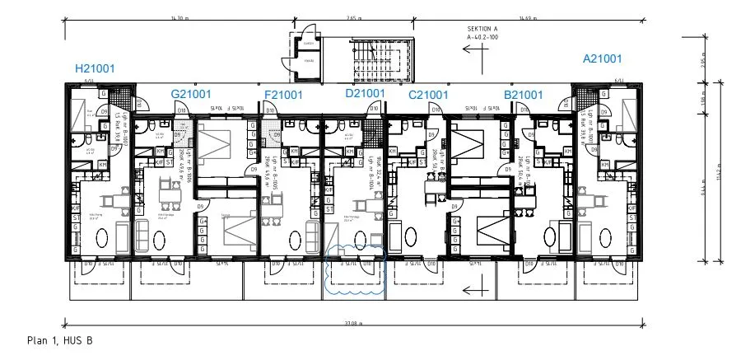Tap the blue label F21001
click(283, 95)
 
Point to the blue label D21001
click(366, 94)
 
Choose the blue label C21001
click(428, 95)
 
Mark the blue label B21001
click(524, 95)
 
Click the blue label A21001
click(602, 58)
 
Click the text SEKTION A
click(483, 28)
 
